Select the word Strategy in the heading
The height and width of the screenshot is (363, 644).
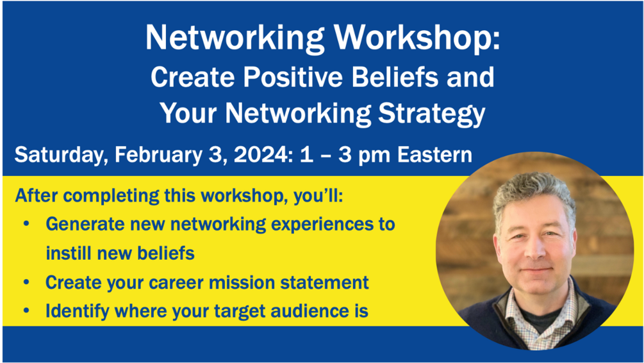[x=431, y=113]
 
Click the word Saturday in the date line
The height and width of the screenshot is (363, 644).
[x=61, y=156]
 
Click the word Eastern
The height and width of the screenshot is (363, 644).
[x=434, y=155]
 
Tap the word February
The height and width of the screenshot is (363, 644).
[x=158, y=156]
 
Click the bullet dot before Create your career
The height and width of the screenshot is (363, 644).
[x=27, y=282]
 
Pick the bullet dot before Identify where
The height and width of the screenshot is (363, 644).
[x=27, y=311]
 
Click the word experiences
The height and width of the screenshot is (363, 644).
[x=316, y=225]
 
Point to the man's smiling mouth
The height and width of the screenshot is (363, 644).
[x=536, y=271]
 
